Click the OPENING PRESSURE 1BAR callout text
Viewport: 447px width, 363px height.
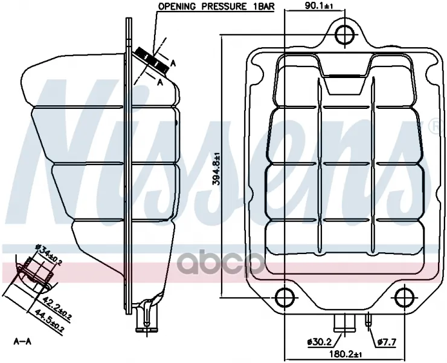click(216, 7)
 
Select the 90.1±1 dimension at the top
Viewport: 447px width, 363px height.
click(319, 5)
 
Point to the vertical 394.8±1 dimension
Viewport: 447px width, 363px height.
click(216, 169)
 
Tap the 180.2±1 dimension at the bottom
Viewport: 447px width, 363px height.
click(346, 355)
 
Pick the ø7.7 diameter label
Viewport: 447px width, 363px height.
click(386, 342)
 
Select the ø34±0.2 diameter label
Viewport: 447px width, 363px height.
click(48, 255)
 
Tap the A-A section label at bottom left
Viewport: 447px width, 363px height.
click(22, 341)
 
